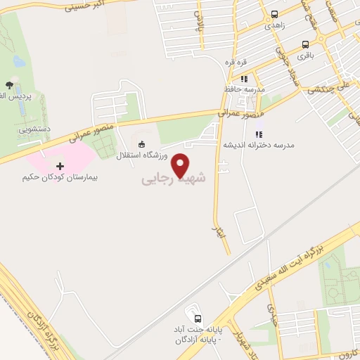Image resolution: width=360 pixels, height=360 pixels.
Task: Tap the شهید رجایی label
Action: click(x=175, y=179)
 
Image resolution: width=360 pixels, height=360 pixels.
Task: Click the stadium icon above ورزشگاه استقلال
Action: click(x=142, y=145)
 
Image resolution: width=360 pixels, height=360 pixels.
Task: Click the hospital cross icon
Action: click(x=59, y=166)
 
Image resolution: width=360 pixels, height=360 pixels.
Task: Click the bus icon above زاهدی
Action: click(x=274, y=13)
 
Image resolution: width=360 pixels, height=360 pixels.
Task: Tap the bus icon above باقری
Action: click(x=305, y=42)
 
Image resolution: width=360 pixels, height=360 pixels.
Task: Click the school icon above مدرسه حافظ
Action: click(x=244, y=79)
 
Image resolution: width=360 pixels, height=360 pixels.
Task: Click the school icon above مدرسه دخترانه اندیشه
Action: click(x=258, y=134)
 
